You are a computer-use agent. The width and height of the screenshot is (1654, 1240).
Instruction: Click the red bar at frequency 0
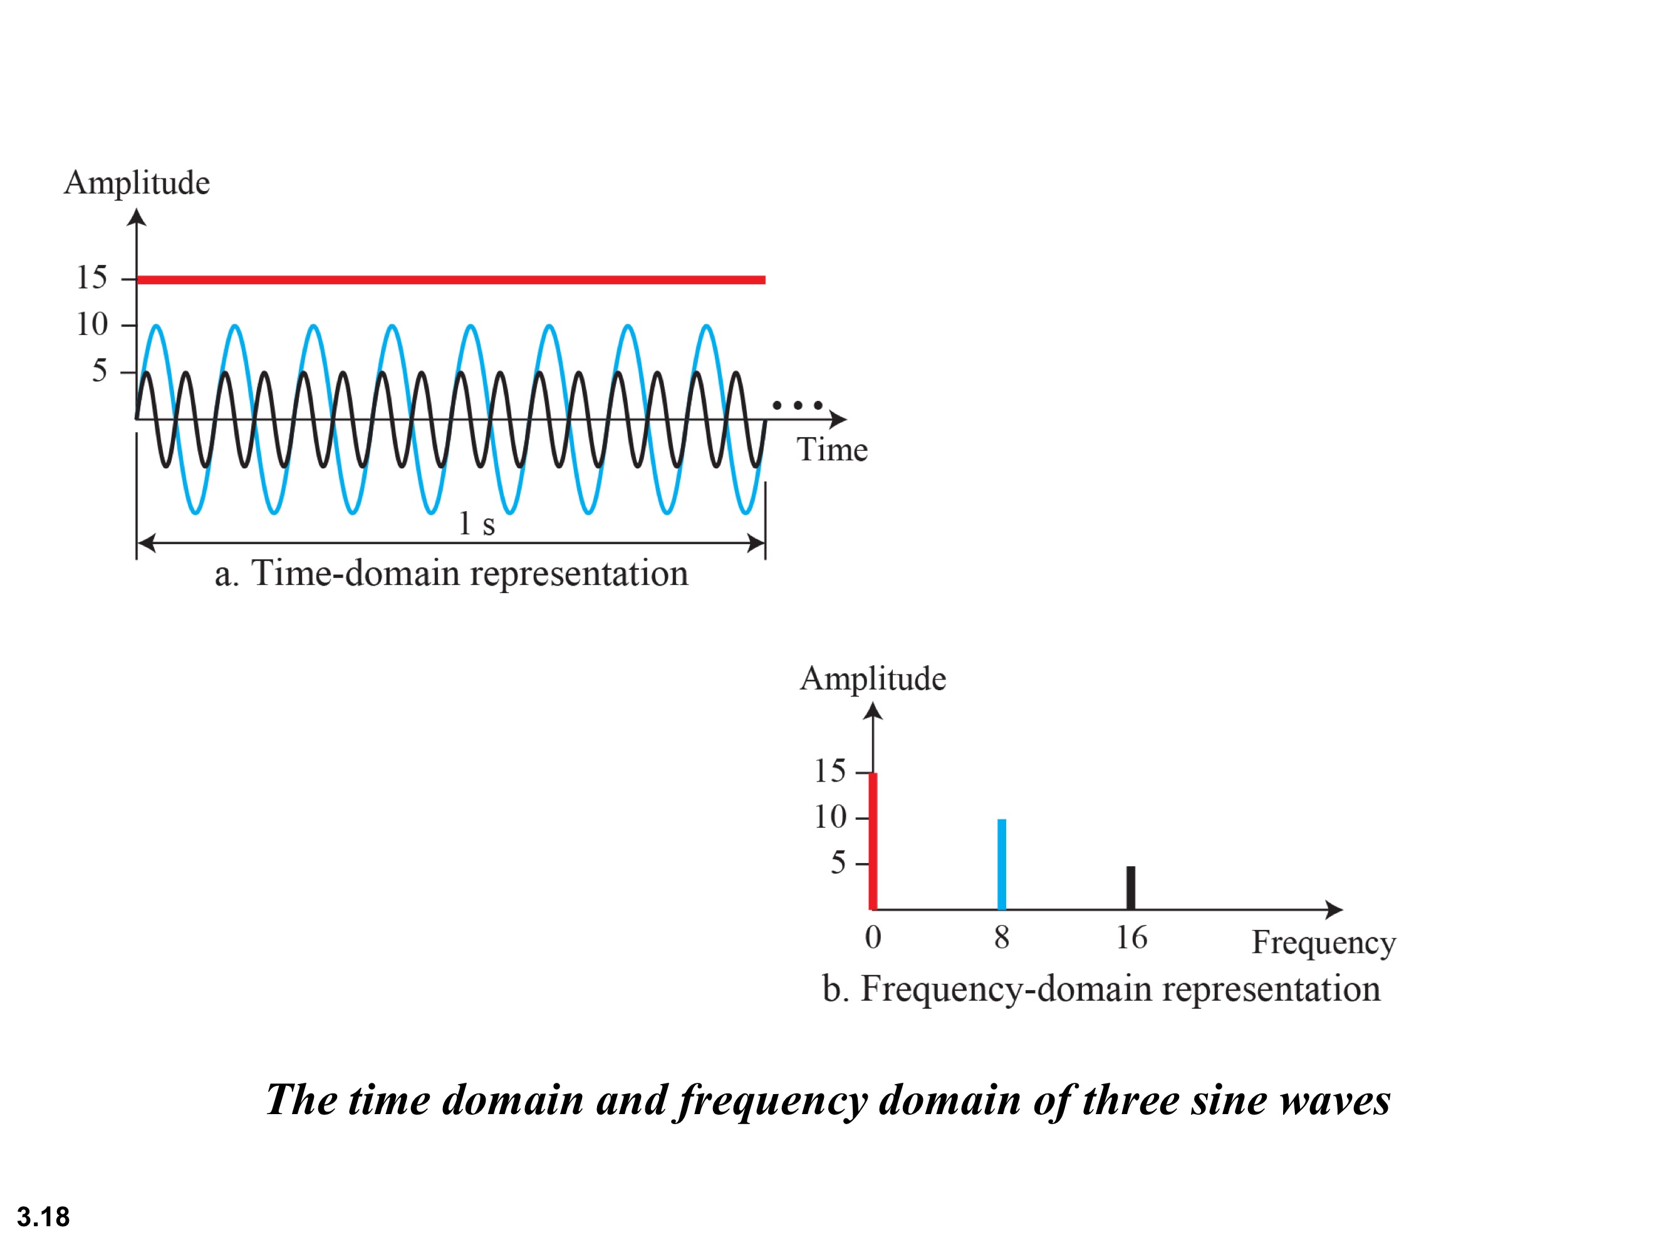tap(873, 841)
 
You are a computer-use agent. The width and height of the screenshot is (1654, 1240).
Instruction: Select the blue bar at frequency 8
tap(1002, 864)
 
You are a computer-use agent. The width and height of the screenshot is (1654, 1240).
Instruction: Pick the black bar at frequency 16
tap(1131, 887)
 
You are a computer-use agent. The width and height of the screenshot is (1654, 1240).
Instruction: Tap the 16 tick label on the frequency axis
tap(1131, 938)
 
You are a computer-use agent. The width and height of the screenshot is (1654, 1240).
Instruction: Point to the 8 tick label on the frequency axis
tap(1002, 938)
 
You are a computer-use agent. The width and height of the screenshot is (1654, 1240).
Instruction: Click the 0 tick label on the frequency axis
tap(873, 938)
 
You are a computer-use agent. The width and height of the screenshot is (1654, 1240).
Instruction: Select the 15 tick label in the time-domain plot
tap(92, 278)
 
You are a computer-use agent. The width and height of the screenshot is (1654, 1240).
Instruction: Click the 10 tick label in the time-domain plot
tap(92, 324)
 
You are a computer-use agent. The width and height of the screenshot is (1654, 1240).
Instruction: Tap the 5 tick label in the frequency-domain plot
tap(838, 863)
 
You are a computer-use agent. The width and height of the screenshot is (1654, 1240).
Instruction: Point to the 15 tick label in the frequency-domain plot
tap(830, 772)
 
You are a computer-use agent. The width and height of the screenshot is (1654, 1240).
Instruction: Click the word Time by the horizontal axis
tap(832, 450)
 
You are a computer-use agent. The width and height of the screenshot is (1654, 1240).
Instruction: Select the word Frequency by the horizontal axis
tap(1323, 943)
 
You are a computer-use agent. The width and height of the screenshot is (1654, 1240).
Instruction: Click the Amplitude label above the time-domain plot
tap(137, 183)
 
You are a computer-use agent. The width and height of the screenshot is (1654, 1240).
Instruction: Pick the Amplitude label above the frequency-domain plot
tap(873, 679)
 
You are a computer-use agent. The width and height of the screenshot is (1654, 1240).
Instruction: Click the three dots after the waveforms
tap(797, 405)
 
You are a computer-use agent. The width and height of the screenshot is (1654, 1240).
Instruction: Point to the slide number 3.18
tap(43, 1217)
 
